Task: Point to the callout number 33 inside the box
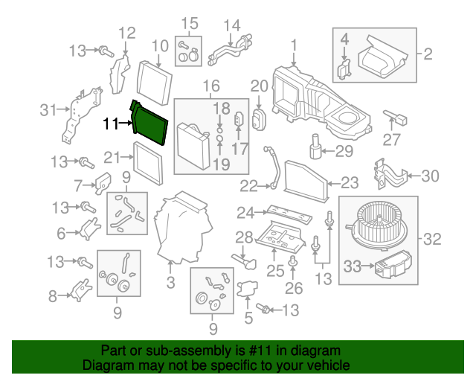[353, 263]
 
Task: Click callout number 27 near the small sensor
[391, 138]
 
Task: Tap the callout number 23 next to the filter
[350, 181]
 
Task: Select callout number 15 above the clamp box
[190, 23]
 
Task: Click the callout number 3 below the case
[170, 283]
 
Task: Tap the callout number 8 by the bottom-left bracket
[53, 296]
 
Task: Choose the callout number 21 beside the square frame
[112, 157]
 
